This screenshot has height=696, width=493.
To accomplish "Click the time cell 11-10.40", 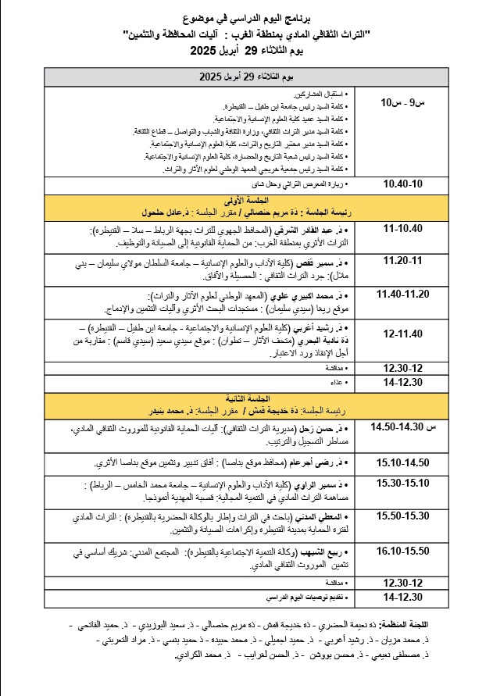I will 402,229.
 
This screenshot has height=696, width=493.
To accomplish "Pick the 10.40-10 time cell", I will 402,184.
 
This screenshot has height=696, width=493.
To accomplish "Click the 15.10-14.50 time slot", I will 402,462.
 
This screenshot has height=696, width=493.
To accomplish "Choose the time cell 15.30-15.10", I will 402,483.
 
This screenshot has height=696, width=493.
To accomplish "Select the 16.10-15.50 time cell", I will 402,551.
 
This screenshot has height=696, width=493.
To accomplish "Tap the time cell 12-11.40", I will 402,334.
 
